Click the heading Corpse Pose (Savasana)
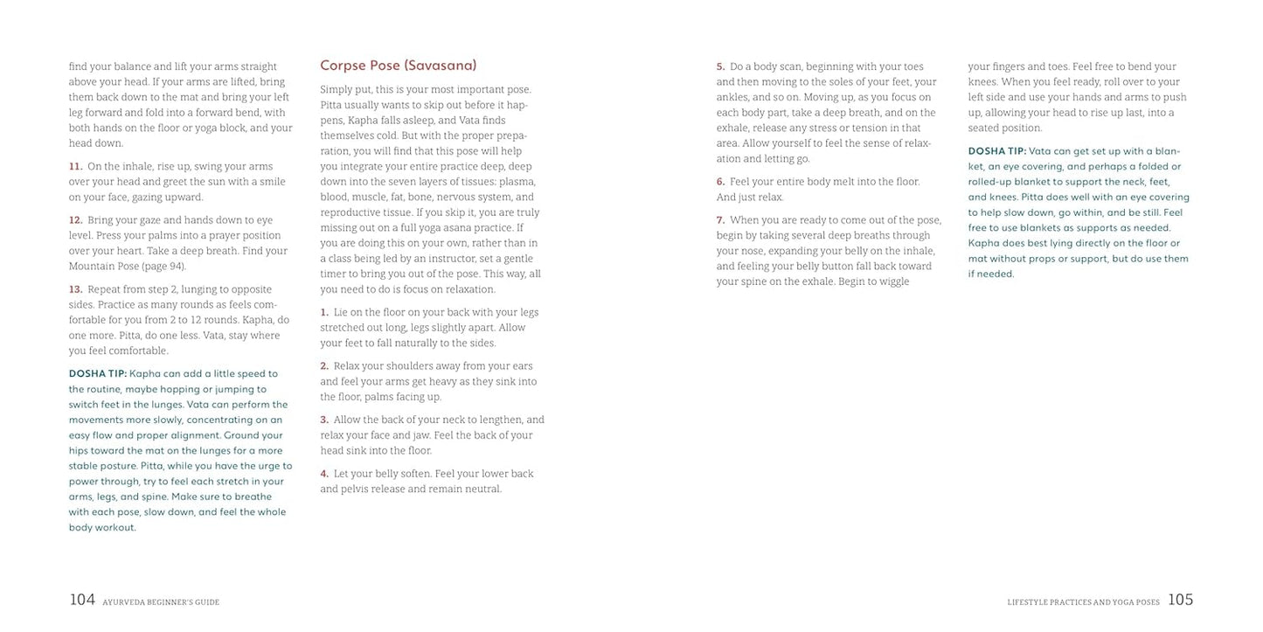pyautogui.click(x=398, y=66)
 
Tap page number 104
pyautogui.click(x=82, y=600)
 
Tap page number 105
pyautogui.click(x=1180, y=600)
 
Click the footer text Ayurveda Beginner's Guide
pyautogui.click(x=161, y=602)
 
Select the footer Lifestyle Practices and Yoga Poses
pyautogui.click(x=1083, y=602)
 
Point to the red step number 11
pyautogui.click(x=75, y=167)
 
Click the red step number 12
pyautogui.click(x=75, y=220)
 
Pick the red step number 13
pyautogui.click(x=75, y=289)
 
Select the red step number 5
pyautogui.click(x=720, y=67)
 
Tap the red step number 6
pyautogui.click(x=720, y=182)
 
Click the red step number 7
pyautogui.click(x=720, y=220)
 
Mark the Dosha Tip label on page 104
pyautogui.click(x=98, y=374)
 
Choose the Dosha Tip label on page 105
pyautogui.click(x=997, y=151)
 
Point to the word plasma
pyautogui.click(x=517, y=182)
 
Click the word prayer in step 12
pyautogui.click(x=216, y=236)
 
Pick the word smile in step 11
pyautogui.click(x=271, y=182)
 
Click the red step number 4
pyautogui.click(x=324, y=474)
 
